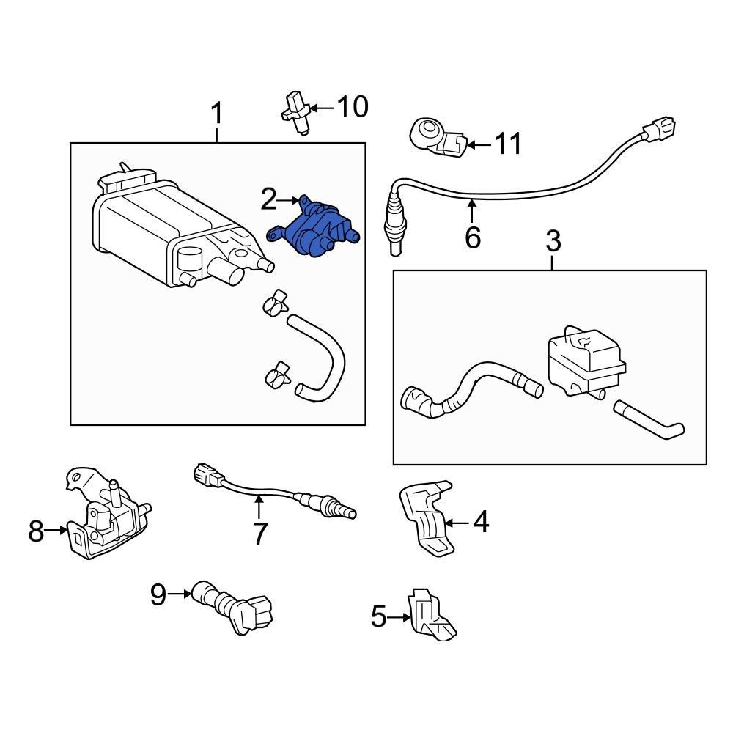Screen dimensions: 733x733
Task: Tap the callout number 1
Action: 217,114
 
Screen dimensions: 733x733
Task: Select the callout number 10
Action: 353,107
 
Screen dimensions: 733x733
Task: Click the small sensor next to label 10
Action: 297,111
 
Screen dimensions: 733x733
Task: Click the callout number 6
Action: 473,237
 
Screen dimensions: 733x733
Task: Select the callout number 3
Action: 553,240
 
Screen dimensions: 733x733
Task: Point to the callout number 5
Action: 378,617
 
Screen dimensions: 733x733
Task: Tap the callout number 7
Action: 261,534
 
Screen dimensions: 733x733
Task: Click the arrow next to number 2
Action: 290,199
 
